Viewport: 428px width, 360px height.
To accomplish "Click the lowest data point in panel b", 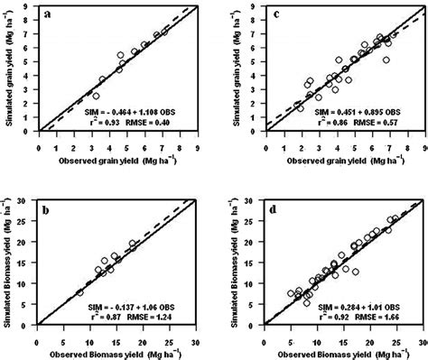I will (79, 292).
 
